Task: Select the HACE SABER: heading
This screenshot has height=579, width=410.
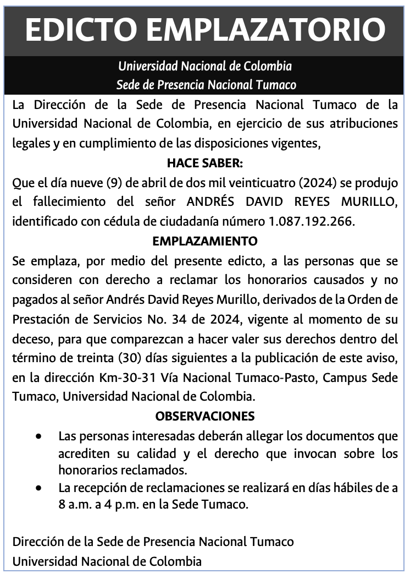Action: [x=204, y=163]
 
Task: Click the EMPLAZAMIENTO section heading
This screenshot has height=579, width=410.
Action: [x=204, y=241]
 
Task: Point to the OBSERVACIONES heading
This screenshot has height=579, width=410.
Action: [x=204, y=416]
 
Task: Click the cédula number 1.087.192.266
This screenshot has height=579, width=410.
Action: [x=312, y=221]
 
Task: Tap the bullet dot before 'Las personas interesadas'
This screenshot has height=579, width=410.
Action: [x=38, y=436]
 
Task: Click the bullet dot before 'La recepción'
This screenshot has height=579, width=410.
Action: [x=38, y=488]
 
